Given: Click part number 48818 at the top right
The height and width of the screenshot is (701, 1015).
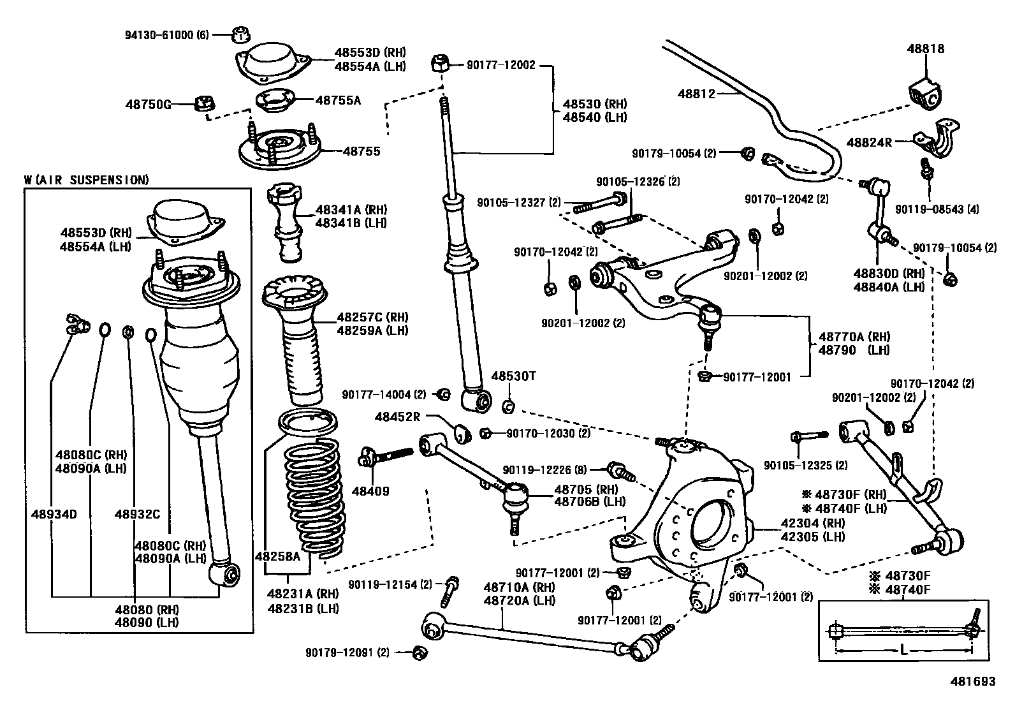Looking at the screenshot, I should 926,48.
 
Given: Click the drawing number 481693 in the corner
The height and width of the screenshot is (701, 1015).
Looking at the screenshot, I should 974,681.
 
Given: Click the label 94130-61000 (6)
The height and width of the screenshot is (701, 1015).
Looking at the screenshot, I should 167,34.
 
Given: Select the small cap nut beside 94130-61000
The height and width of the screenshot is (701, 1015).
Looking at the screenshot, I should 240,34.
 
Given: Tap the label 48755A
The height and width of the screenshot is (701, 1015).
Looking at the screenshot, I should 339,100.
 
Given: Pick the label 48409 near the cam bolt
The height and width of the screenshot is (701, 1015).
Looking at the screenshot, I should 370,491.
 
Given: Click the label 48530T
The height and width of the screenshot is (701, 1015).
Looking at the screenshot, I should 513,376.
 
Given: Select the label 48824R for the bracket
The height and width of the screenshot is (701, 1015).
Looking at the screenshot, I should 870,142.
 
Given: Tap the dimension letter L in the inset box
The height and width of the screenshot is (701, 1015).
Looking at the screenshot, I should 904,651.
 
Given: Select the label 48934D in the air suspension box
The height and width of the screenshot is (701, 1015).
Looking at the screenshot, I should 54,513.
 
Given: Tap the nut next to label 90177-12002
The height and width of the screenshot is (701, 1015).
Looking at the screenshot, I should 439,64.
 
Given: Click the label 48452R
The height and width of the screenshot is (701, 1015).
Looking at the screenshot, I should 397,417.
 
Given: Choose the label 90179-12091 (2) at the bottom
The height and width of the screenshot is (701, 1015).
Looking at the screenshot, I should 347,652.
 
